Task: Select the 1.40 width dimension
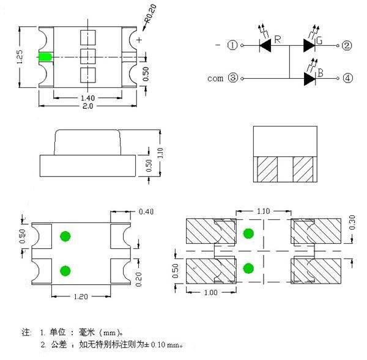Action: pos(87,98)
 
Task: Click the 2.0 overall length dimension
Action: pos(87,106)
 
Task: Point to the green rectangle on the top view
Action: pos(44,57)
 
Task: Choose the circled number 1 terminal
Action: pos(232,45)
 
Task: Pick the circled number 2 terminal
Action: pos(347,45)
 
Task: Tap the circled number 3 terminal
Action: pos(232,78)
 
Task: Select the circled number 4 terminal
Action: pos(347,78)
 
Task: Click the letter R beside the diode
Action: pos(278,40)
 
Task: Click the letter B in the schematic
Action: pos(320,73)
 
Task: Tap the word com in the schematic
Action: pos(215,78)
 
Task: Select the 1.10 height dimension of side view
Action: pos(160,152)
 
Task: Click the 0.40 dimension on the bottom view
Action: pos(146,212)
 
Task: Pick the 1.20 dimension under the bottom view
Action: pos(81,296)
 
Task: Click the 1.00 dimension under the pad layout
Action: pos(210,292)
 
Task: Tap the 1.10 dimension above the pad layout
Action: pos(264,211)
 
